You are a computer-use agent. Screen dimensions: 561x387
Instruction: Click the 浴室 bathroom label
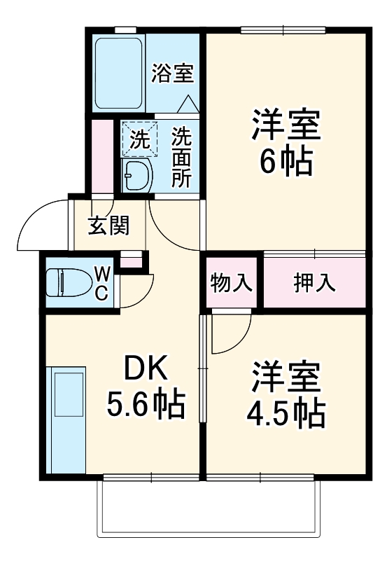point(172,71)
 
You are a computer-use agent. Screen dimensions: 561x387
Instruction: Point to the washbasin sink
point(137,174)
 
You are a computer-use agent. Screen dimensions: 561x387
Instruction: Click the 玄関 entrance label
point(108,226)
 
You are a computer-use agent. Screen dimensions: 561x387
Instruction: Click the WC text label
point(101,282)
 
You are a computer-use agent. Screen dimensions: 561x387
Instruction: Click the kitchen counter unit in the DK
point(66,420)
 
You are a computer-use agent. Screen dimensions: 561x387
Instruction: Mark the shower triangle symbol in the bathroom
point(188,104)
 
